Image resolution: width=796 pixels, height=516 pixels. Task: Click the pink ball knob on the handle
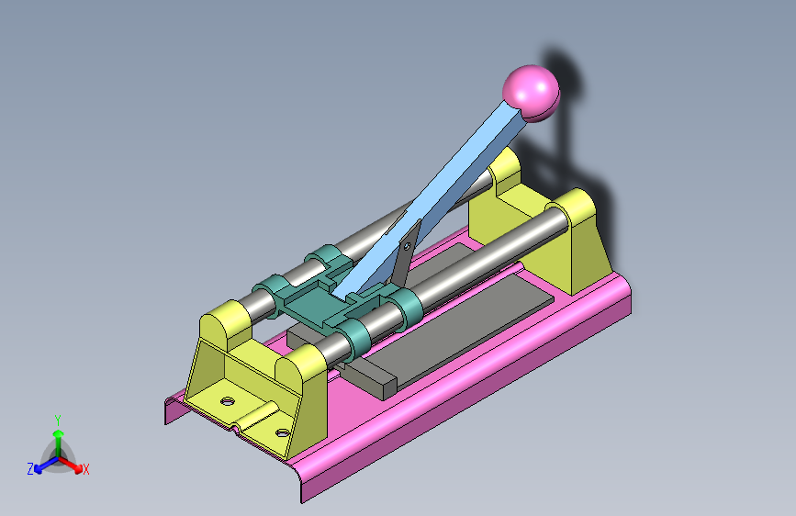(531, 93)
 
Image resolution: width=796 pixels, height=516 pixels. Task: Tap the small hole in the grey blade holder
(407, 246)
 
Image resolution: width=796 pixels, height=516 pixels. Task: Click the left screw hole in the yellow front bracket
(228, 401)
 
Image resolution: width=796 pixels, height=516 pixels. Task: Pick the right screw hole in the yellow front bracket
(283, 432)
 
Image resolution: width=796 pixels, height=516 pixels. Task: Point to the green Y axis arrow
(59, 443)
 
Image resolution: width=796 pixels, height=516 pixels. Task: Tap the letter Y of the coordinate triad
(58, 420)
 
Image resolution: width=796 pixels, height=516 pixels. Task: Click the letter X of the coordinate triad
(85, 469)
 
